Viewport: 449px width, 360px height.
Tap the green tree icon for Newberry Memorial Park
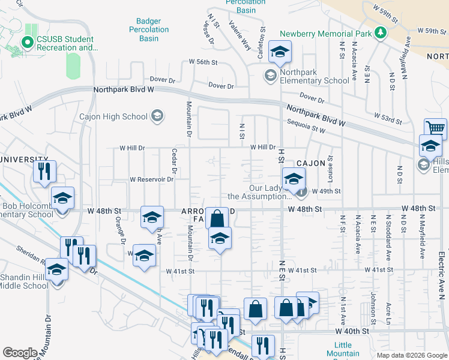tap(379, 32)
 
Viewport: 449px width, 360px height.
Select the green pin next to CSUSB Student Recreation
tap(26, 42)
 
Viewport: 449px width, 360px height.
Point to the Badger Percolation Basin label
tap(149, 29)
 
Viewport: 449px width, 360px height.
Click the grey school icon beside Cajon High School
tap(157, 116)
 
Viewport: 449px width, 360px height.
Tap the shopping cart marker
tap(435, 128)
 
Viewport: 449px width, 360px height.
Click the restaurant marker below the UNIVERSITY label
tap(44, 172)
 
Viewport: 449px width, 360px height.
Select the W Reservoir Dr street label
tap(151, 179)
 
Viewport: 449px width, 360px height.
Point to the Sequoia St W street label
tap(306, 129)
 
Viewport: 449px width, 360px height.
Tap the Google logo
tap(20, 353)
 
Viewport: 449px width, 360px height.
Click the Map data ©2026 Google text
tap(411, 355)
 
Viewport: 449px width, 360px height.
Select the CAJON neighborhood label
tap(310, 163)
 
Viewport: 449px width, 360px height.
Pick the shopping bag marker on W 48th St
tap(217, 218)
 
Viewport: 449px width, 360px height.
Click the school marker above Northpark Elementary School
tap(280, 52)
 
